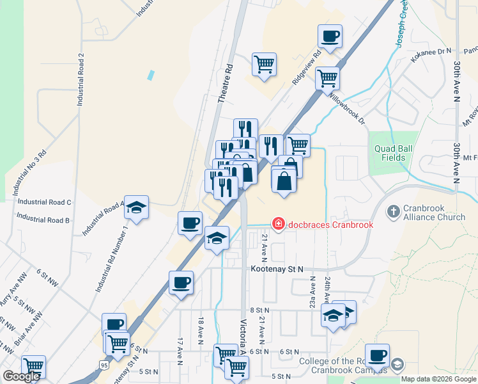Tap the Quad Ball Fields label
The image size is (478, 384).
(x=390, y=153)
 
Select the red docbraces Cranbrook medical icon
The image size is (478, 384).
(x=279, y=224)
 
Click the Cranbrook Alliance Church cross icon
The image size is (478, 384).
(x=394, y=211)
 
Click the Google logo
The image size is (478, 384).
(x=22, y=376)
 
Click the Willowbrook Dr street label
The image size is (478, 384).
(x=347, y=109)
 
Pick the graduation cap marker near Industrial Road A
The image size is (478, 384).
(x=136, y=207)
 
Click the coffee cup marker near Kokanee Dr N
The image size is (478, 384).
(x=330, y=36)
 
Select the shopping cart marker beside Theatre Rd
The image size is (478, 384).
(x=264, y=64)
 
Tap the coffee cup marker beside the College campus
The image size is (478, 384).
(x=377, y=355)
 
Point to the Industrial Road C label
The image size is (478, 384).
(x=45, y=202)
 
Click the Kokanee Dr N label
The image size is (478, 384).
(x=431, y=56)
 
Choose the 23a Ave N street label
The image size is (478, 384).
(x=313, y=293)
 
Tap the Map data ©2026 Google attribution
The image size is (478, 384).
(x=438, y=379)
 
